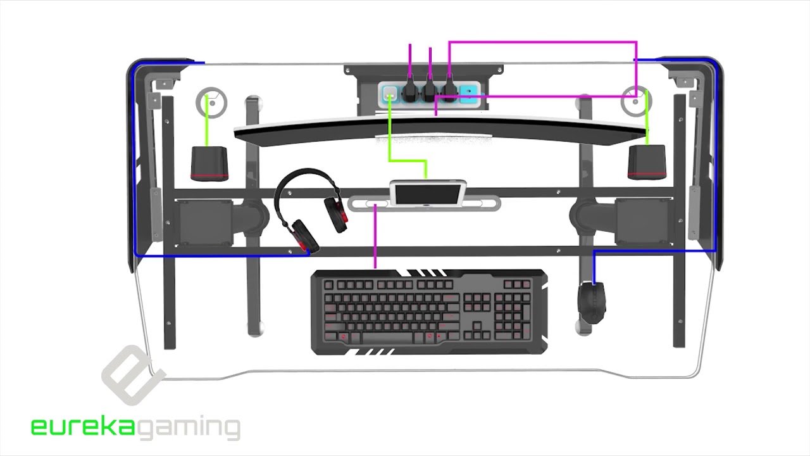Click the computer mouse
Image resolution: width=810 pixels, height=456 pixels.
pyautogui.click(x=592, y=303)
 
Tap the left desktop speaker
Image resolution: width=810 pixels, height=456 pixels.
pyautogui.click(x=209, y=163)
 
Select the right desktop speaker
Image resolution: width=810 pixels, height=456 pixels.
pyautogui.click(x=647, y=162)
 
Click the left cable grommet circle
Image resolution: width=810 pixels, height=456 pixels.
pyautogui.click(x=211, y=103)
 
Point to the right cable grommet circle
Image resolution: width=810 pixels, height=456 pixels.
pyautogui.click(x=636, y=101)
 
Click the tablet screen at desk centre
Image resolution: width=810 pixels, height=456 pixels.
pyautogui.click(x=428, y=194)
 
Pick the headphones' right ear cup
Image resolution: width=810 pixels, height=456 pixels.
pyautogui.click(x=336, y=214)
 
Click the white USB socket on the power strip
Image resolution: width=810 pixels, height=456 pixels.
pyautogui.click(x=390, y=93)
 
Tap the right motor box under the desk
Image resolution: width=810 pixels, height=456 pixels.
pyautogui.click(x=644, y=222)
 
